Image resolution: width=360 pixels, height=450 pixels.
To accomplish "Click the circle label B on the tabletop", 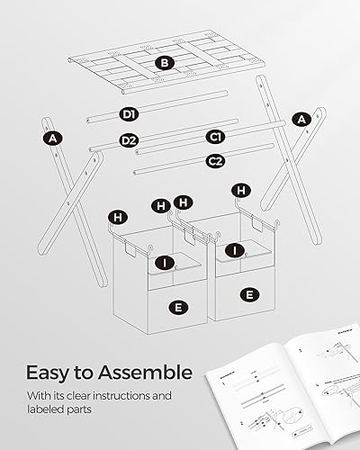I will coord(164,63).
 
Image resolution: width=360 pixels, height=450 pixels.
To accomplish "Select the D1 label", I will coord(129,114).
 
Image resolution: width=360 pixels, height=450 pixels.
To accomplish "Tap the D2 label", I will coord(129,140).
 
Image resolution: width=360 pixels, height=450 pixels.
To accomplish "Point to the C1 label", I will coord(215,137).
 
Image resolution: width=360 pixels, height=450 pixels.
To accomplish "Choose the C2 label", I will coord(215,161).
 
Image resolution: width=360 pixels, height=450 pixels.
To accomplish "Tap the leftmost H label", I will coord(117,217).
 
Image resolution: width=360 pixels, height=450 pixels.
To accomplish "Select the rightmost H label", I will coord(239,190).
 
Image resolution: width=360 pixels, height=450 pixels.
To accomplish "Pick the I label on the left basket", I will coord(164,263).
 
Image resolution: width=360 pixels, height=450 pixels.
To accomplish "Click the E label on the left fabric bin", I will coord(178,307).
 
